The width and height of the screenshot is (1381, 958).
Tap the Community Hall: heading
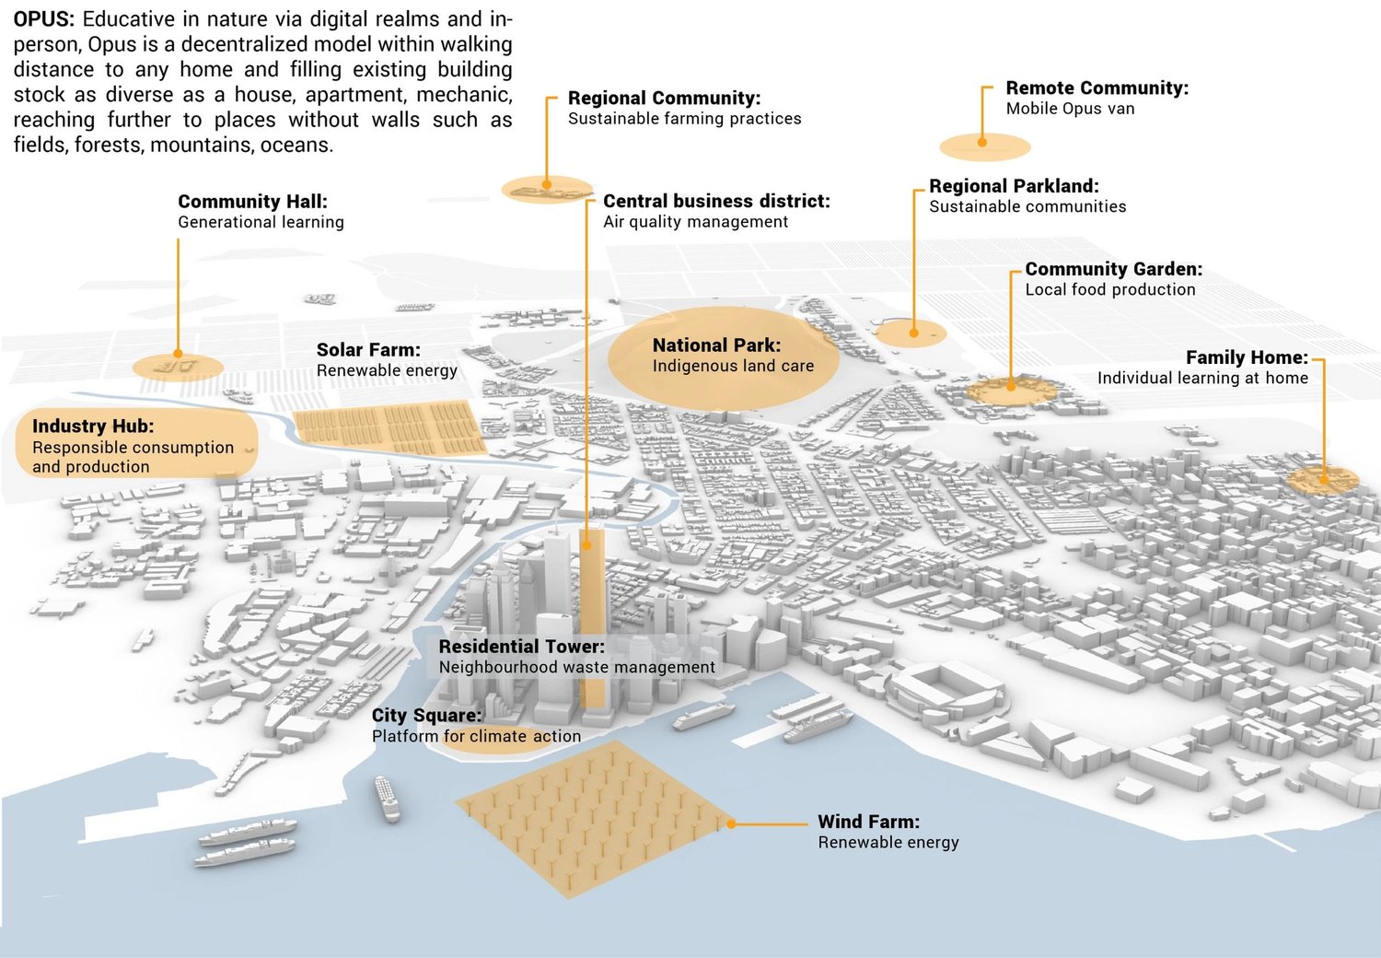(252, 202)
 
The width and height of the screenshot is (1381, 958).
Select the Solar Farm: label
(368, 350)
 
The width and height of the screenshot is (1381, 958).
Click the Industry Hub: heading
(93, 426)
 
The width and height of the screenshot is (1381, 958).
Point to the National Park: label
(716, 345)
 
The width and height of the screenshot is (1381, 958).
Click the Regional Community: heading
(664, 99)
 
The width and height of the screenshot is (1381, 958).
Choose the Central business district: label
(716, 202)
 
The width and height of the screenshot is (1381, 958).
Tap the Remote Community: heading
(1097, 88)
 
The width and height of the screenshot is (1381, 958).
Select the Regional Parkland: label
(1014, 186)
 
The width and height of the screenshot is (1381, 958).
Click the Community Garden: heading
(1113, 269)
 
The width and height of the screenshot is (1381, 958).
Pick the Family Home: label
(1247, 357)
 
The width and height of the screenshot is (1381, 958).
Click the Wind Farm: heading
(868, 822)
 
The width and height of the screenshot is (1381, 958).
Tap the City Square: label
(426, 716)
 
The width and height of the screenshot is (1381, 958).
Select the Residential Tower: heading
(521, 647)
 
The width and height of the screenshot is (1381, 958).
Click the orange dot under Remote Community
(982, 143)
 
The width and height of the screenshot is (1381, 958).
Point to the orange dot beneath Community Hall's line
(178, 353)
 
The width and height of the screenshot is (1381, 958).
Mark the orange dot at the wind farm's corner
(731, 824)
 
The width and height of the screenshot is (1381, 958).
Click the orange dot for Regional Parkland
(914, 333)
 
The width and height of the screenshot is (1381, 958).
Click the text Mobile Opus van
(1070, 109)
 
